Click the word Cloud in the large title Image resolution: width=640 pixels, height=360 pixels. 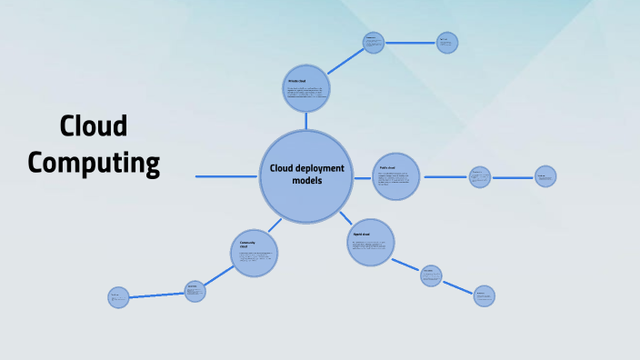pos(94,127)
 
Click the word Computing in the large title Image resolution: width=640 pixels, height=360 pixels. pos(94,163)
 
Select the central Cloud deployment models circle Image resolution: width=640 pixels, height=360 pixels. pos(306,176)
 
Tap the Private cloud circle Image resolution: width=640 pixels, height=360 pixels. pos(305,88)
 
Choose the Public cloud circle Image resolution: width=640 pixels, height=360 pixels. pos(396,176)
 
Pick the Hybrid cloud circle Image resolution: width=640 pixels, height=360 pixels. pos(371,243)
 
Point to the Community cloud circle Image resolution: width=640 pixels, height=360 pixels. pos(254,253)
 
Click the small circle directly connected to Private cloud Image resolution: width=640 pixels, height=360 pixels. pos(373,42)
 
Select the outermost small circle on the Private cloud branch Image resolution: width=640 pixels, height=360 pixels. pos(446,42)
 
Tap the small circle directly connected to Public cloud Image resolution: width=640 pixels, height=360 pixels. pos(480,176)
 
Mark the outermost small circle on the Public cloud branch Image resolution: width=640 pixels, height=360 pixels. pos(545,176)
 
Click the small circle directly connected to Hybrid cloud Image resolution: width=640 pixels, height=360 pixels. pos(432,275)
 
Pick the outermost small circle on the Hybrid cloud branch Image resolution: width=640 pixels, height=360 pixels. pos(485,295)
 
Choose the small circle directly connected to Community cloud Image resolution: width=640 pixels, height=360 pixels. pos(195,291)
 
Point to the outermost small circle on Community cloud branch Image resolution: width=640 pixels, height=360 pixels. pos(119,297)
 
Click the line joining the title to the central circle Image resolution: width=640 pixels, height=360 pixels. pos(227,176)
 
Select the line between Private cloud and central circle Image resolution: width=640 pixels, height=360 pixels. pos(306,121)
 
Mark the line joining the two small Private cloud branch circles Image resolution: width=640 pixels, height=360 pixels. pos(410,42)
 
